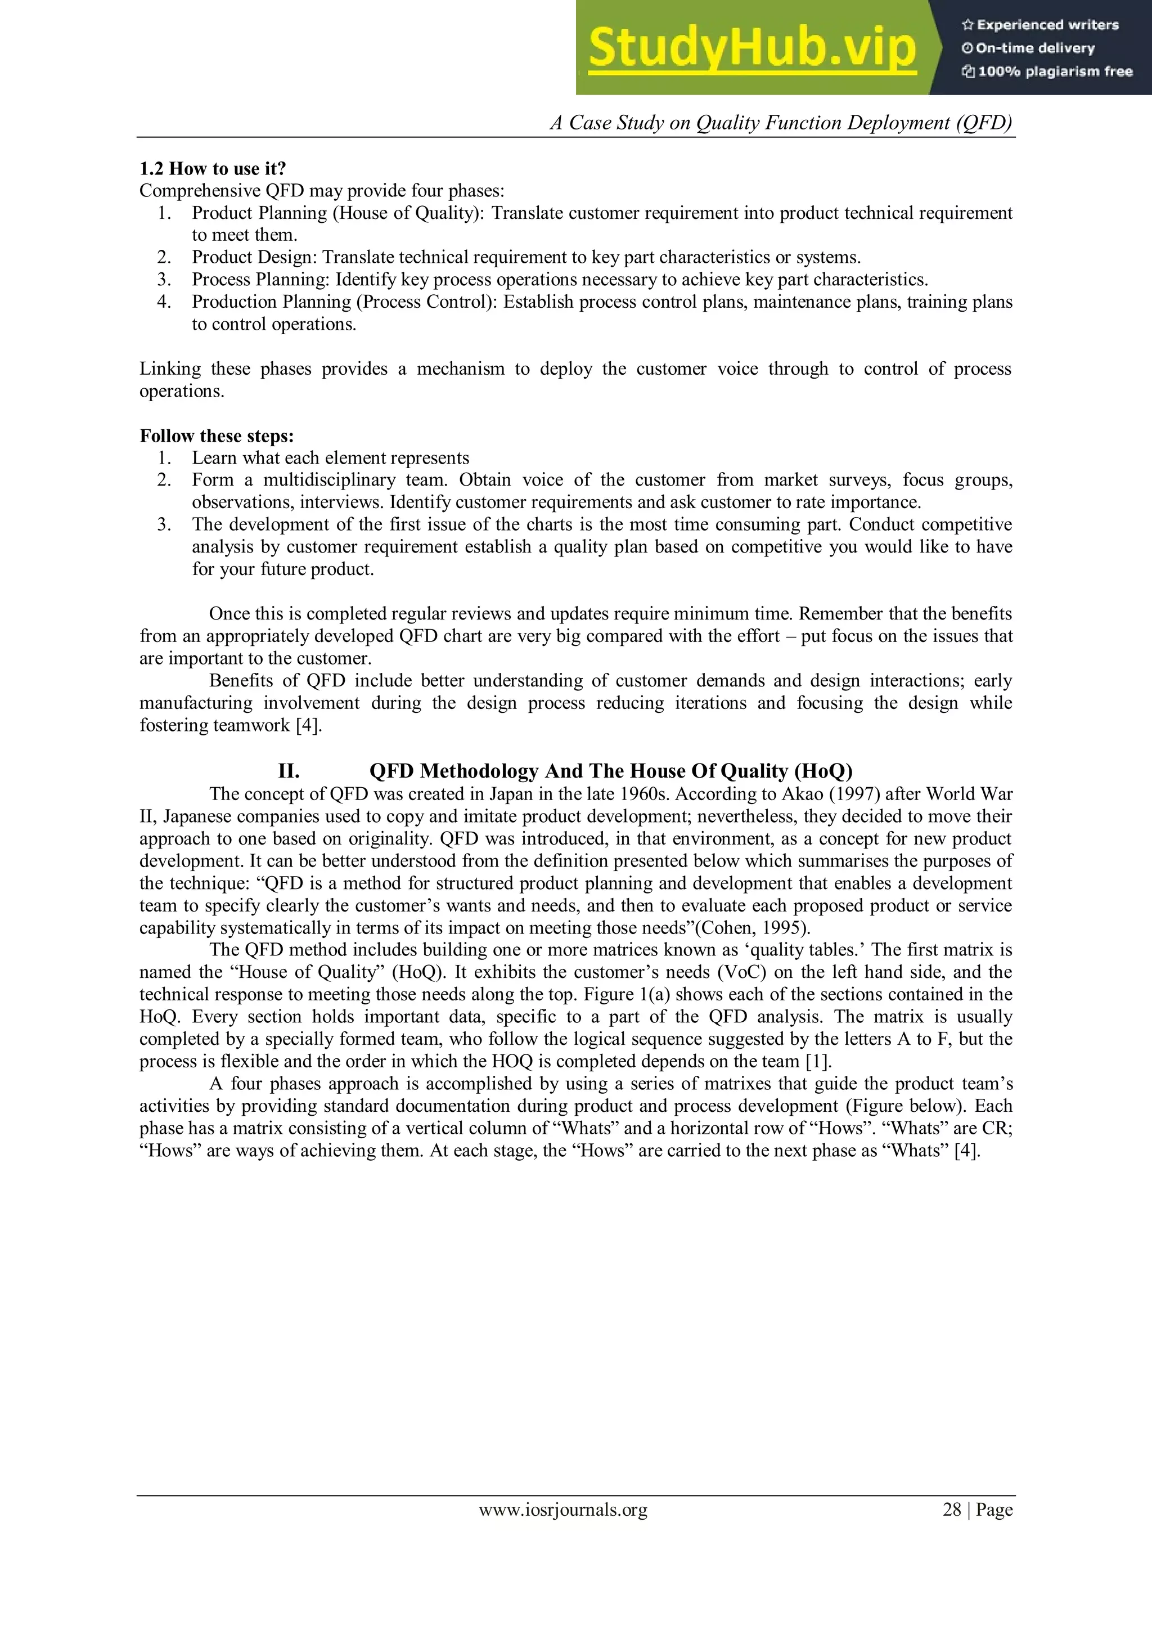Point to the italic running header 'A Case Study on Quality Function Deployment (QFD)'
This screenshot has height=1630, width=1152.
click(781, 123)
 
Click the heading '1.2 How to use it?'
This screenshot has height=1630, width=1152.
click(212, 169)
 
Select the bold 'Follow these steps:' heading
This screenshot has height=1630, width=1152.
click(217, 436)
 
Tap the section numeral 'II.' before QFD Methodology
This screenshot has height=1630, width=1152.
click(289, 771)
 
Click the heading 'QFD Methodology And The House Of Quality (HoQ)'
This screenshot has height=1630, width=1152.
click(610, 771)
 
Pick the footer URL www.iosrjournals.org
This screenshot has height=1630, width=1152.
click(563, 1510)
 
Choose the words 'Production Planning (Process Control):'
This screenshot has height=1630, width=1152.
click(346, 302)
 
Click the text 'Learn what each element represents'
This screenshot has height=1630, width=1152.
click(330, 458)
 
